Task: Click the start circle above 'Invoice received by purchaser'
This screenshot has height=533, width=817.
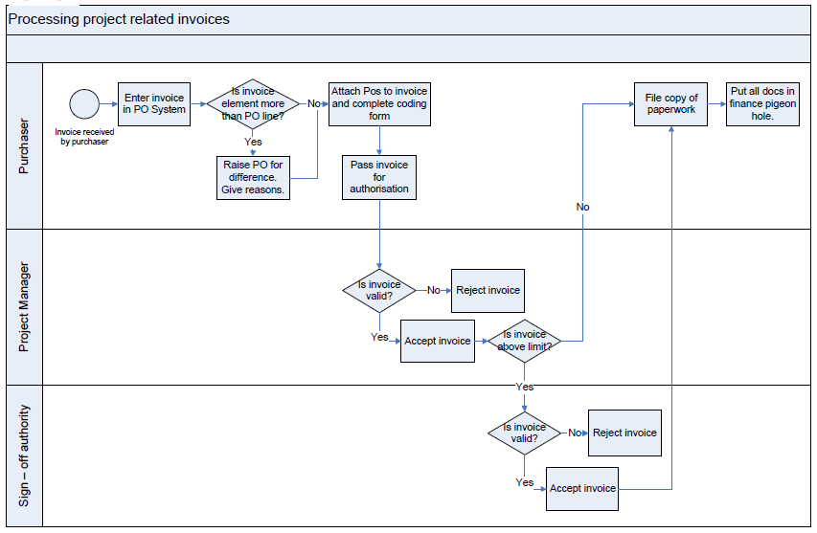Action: [x=84, y=103]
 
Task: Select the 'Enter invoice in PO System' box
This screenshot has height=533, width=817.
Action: [x=154, y=104]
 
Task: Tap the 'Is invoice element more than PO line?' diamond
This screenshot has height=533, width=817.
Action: [x=252, y=104]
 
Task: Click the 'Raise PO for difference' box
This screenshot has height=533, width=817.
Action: [x=253, y=177]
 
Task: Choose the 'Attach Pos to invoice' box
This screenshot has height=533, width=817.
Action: [x=379, y=103]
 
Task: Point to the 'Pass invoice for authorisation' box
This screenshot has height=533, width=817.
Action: [x=379, y=177]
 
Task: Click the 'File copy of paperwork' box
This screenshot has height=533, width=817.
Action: [x=671, y=103]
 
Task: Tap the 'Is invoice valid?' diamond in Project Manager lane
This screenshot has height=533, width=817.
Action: [x=379, y=290]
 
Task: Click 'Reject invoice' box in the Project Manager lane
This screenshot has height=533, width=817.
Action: [x=488, y=291]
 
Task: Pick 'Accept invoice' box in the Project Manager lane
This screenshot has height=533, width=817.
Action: [x=438, y=341]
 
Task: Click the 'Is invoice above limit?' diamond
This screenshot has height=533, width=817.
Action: [x=524, y=341]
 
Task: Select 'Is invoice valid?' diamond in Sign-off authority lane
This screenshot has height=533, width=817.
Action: [x=524, y=433]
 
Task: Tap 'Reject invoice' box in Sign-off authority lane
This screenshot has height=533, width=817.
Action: [x=624, y=433]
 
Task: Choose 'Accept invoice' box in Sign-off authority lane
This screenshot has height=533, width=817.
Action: [x=582, y=488]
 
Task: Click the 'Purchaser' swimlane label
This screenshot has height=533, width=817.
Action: [x=24, y=145]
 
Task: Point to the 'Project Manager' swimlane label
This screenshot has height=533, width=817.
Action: [x=24, y=307]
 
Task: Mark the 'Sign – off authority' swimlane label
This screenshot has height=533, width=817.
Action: [x=24, y=455]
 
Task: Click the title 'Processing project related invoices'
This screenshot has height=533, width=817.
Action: [x=119, y=19]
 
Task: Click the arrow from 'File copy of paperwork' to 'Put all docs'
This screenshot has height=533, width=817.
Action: [x=717, y=103]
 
